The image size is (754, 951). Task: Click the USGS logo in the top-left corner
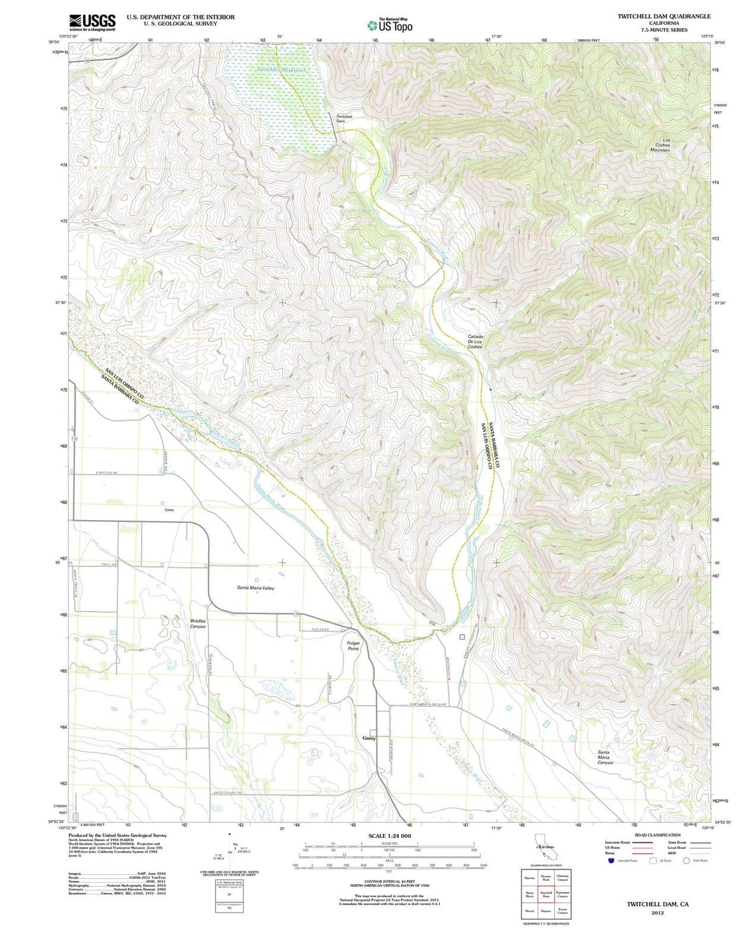(92, 22)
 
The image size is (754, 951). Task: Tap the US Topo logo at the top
(390, 25)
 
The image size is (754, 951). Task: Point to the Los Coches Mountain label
(660, 145)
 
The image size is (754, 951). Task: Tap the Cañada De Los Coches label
(475, 341)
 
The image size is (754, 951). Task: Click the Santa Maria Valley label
(256, 588)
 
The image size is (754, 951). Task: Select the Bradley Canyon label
(198, 624)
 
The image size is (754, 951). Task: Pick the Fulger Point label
(353, 646)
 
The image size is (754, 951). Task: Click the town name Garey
(369, 738)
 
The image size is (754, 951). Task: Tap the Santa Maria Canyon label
(605, 758)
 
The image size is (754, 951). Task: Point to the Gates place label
(169, 510)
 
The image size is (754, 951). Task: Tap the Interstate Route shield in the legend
(612, 861)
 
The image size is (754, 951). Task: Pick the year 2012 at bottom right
(657, 913)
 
